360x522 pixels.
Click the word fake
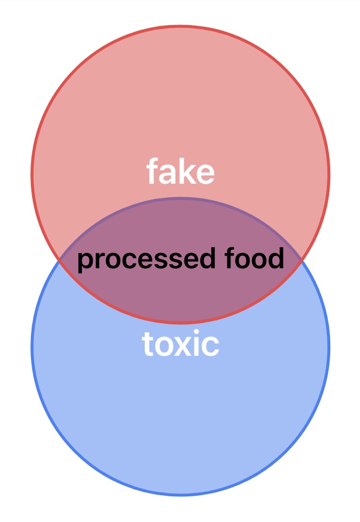point(180,173)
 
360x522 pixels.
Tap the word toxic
point(180,345)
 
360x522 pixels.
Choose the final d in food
point(277,258)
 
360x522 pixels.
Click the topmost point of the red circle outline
point(180,26)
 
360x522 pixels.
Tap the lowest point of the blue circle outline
point(180,495)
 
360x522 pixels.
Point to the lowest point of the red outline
point(180,322)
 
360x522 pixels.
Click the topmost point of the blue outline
point(180,198)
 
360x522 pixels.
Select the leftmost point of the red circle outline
point(32,174)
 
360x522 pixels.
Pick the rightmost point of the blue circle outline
point(329,346)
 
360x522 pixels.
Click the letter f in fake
point(152,172)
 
